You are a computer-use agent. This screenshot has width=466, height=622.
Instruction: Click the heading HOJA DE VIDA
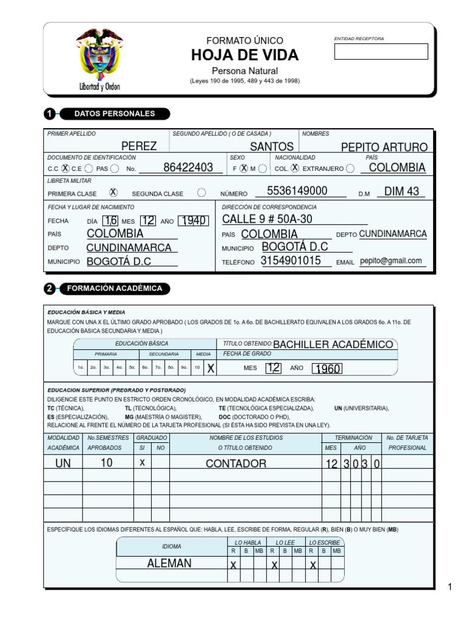pyautogui.click(x=245, y=55)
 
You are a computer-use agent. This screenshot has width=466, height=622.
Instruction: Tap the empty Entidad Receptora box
pyautogui.click(x=380, y=52)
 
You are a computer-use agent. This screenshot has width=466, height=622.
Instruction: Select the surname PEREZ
pyautogui.click(x=139, y=146)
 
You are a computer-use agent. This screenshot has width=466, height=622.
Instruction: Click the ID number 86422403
pyautogui.click(x=188, y=168)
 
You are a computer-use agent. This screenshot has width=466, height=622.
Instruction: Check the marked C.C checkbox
pyautogui.click(x=65, y=168)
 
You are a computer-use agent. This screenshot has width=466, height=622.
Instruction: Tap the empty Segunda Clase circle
pyautogui.click(x=201, y=193)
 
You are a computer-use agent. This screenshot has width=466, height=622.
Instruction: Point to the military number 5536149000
pyautogui.click(x=297, y=191)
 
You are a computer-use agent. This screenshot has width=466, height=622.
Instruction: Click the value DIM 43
pyautogui.click(x=402, y=192)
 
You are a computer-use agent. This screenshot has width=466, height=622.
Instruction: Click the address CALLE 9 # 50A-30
pyautogui.click(x=267, y=219)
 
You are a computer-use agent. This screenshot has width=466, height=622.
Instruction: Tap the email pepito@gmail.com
pyautogui.click(x=390, y=261)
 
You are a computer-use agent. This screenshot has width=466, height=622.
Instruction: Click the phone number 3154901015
pyautogui.click(x=291, y=261)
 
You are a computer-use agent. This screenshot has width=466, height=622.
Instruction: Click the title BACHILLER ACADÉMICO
pyautogui.click(x=333, y=344)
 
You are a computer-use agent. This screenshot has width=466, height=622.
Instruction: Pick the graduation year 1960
pyautogui.click(x=327, y=369)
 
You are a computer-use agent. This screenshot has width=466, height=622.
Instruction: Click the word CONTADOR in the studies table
pyautogui.click(x=236, y=463)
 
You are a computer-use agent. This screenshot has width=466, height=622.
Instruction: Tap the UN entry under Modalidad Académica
pyautogui.click(x=63, y=463)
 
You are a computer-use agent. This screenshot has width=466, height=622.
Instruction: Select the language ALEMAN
pyautogui.click(x=169, y=563)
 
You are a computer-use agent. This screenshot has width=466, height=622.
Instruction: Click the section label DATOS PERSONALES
pyautogui.click(x=114, y=114)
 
